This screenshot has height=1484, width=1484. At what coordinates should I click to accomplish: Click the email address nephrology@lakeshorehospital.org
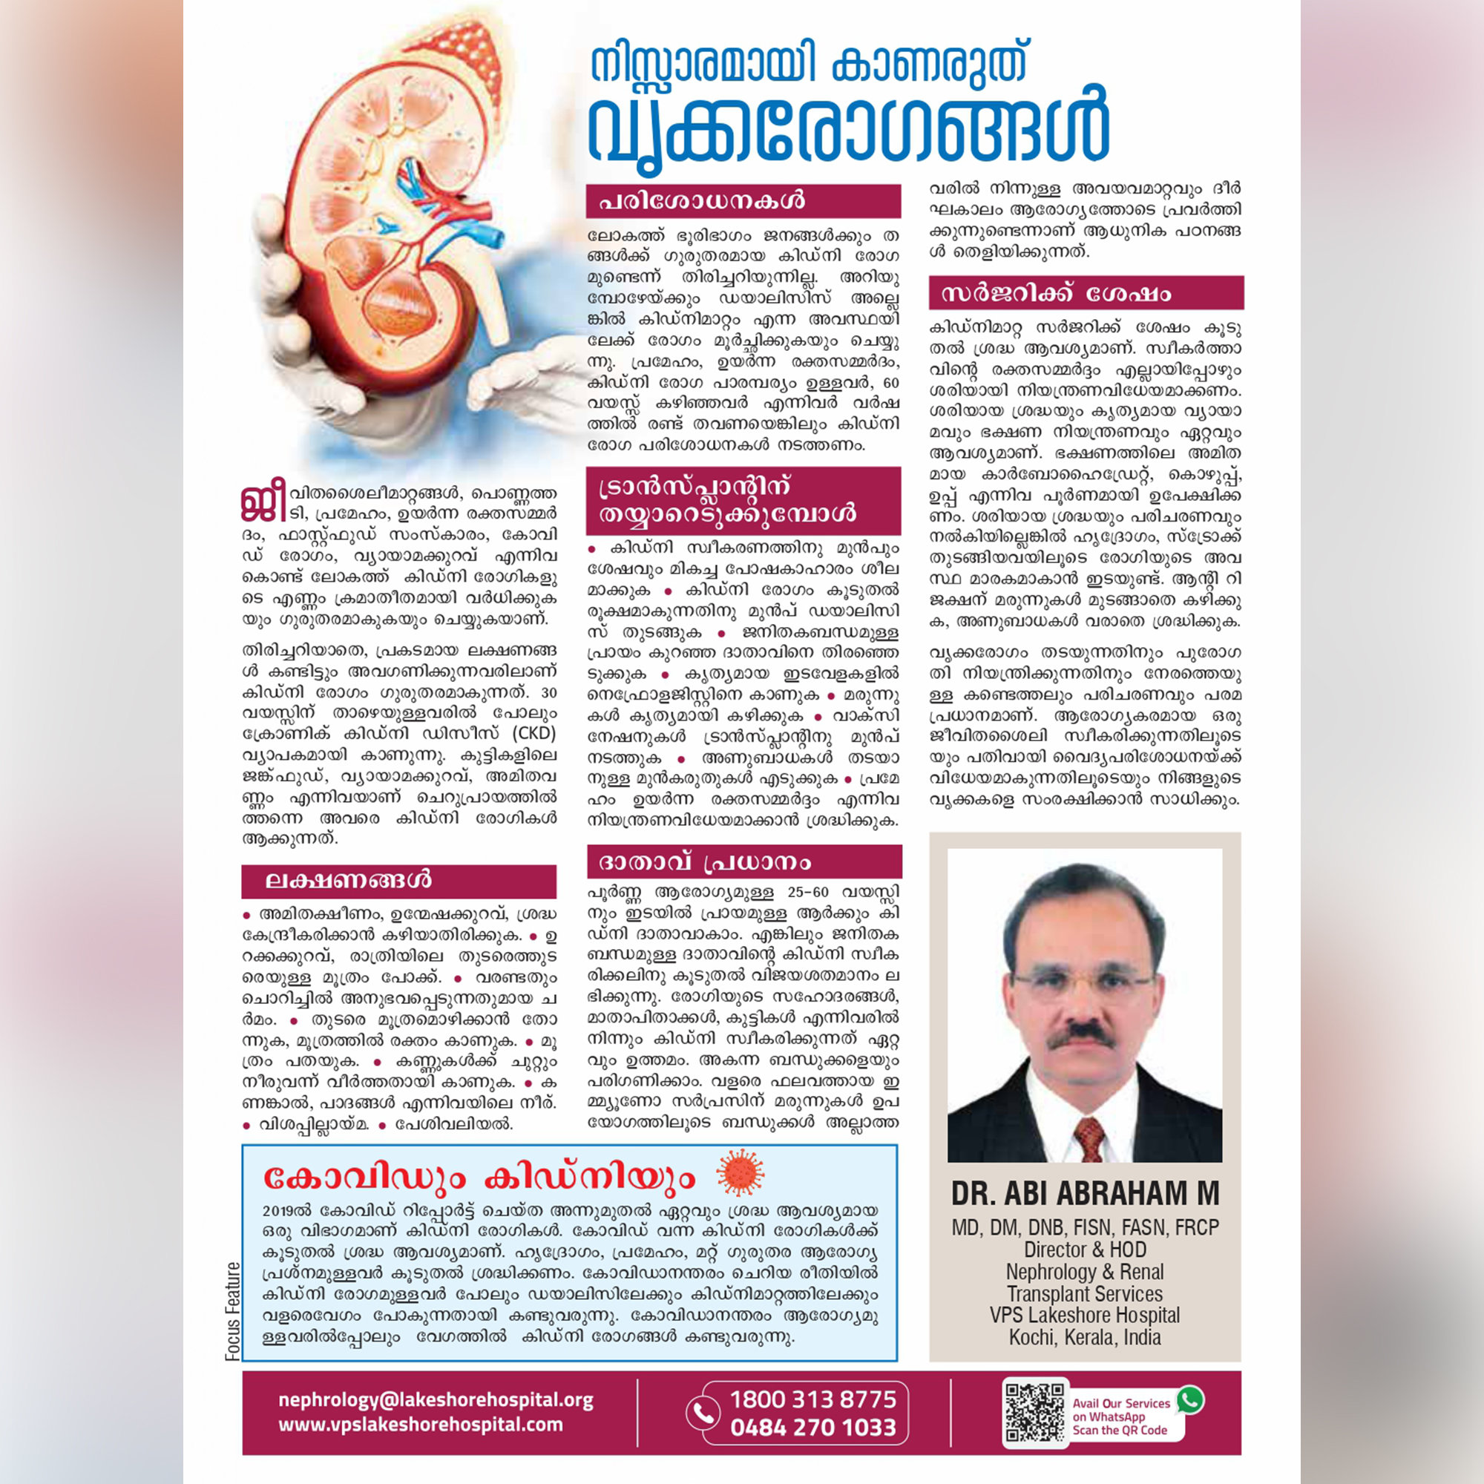(436, 1399)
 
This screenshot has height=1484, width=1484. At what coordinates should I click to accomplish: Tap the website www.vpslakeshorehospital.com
(420, 1424)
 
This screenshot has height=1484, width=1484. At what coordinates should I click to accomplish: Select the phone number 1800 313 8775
(812, 1399)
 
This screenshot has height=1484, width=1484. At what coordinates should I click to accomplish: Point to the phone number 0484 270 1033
(812, 1427)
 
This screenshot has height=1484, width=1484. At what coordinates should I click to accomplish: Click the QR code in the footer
(1034, 1413)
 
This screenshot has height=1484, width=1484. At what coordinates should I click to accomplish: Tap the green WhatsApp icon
(1190, 1399)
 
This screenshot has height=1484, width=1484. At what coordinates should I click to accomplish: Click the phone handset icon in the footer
(700, 1414)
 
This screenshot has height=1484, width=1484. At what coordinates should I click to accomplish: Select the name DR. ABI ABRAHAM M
(1085, 1193)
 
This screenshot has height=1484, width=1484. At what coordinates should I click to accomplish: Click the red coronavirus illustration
(740, 1174)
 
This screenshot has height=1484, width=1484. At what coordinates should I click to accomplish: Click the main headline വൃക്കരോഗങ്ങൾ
(848, 132)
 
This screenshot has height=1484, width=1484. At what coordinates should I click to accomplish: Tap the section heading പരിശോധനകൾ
(701, 201)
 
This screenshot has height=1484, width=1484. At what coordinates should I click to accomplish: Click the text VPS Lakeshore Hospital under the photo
(1085, 1314)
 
